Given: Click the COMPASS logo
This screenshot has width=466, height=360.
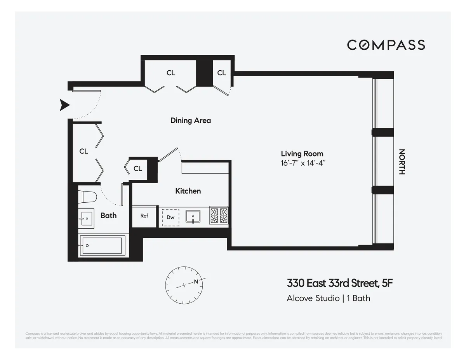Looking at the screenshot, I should (386, 45).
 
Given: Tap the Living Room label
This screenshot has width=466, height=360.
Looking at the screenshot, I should (302, 154).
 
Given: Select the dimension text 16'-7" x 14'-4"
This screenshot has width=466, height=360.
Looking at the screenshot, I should (302, 163).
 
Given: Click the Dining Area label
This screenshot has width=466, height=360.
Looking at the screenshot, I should (191, 120).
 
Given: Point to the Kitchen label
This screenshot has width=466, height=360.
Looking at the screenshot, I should (188, 191).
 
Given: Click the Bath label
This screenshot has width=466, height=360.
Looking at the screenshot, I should (108, 216).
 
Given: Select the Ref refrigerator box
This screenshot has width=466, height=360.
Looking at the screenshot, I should (144, 216).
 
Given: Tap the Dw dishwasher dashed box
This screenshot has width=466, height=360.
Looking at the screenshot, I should (170, 217).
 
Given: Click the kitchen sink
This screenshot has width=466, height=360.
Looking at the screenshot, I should (193, 216).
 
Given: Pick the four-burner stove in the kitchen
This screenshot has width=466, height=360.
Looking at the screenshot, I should (219, 216).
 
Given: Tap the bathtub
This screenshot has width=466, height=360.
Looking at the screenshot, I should (103, 245).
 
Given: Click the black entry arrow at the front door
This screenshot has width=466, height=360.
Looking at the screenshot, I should (64, 105).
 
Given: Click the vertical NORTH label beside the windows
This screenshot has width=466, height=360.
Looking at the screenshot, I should (402, 162).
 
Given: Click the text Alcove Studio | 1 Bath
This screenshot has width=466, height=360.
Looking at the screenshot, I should (328, 298).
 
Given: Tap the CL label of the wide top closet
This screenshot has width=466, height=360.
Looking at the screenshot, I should (171, 73).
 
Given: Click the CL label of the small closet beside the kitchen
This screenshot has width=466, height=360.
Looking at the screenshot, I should (138, 169).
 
